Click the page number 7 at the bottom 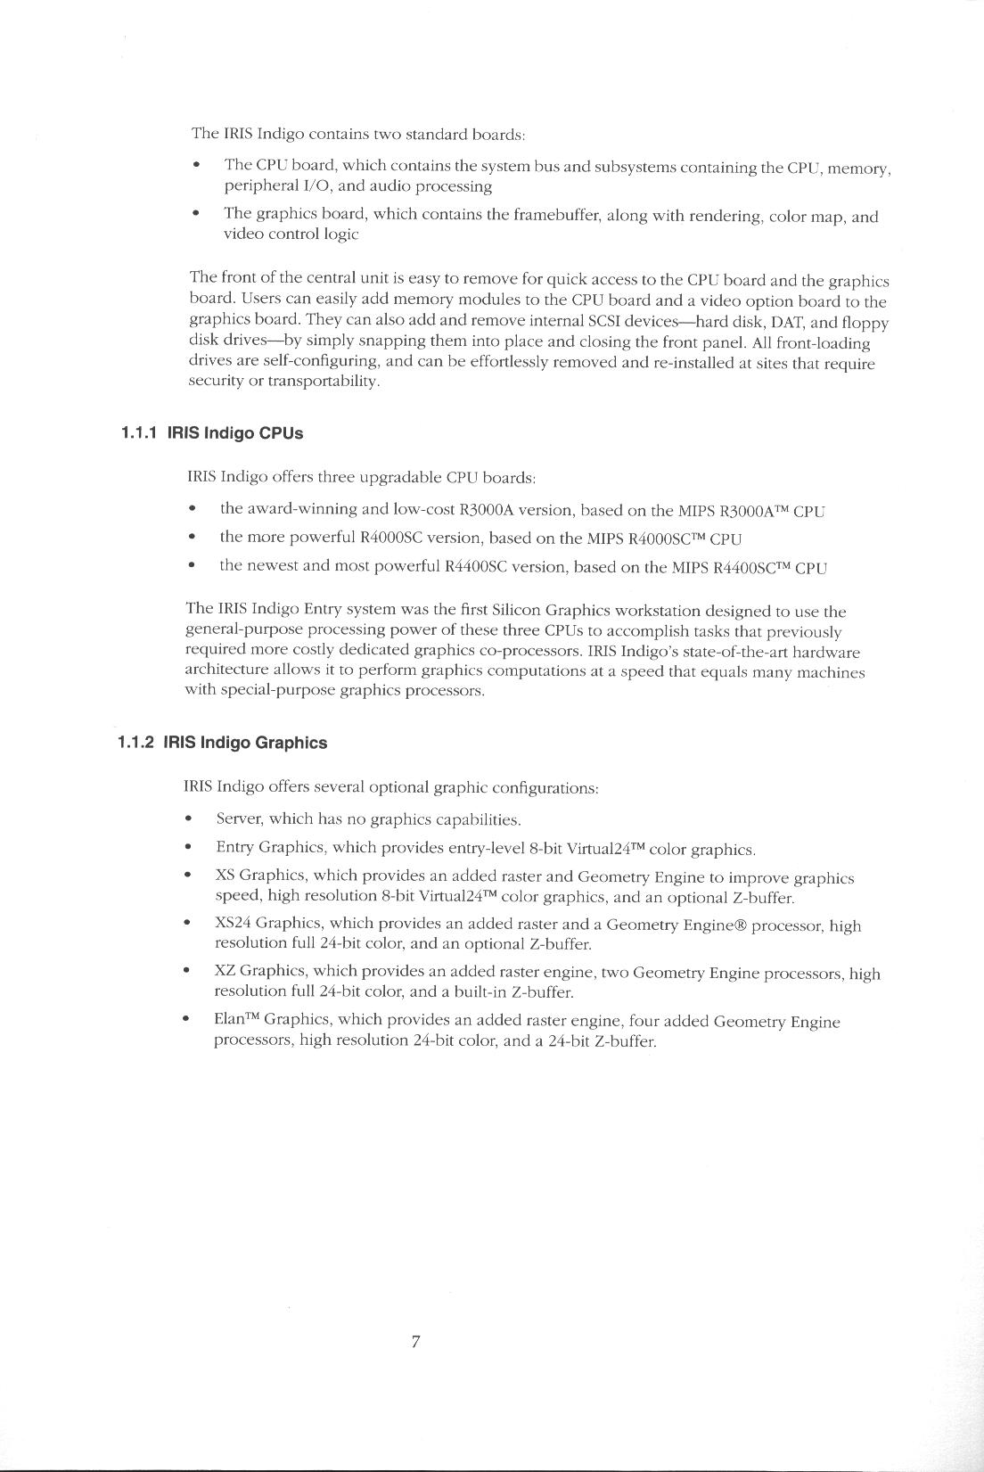point(415,1342)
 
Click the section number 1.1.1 point(139,433)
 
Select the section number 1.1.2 point(135,743)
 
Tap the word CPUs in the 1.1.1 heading point(281,433)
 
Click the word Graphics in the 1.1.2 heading point(291,743)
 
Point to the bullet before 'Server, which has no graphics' point(187,819)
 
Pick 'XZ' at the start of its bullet point(225,973)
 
